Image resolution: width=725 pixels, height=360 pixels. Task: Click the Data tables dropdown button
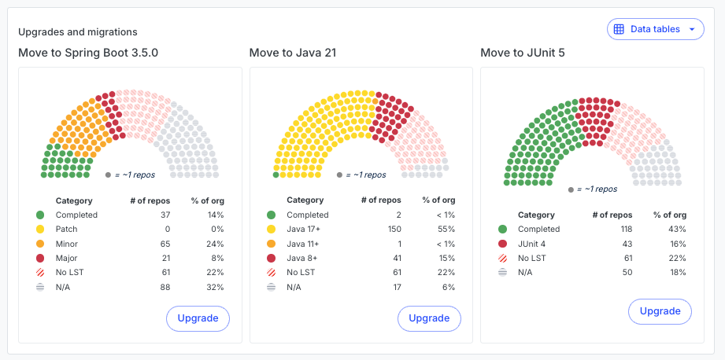click(x=655, y=29)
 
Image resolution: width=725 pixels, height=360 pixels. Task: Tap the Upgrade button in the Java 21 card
click(x=429, y=318)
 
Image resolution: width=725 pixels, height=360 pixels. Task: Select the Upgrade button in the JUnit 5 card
click(x=660, y=311)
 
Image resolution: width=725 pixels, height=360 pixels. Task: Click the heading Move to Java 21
click(x=293, y=53)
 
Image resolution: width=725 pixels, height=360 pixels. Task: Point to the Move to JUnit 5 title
click(x=523, y=53)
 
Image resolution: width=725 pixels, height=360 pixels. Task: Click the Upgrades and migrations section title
click(x=78, y=32)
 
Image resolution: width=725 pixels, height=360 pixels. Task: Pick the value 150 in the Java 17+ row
click(x=394, y=230)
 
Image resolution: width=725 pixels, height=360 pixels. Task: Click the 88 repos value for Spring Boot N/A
click(x=165, y=287)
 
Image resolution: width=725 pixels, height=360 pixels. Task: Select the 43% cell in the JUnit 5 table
click(x=678, y=230)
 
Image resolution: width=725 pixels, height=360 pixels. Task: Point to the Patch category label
click(x=67, y=230)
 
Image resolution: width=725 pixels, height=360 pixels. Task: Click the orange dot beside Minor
click(x=40, y=244)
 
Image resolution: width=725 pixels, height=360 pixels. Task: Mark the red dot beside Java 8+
click(x=271, y=258)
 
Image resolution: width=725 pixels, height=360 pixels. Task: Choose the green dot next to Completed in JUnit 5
click(x=502, y=230)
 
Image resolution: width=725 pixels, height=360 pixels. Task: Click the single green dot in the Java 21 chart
click(x=276, y=175)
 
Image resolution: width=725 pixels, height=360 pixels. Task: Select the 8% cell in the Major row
click(x=218, y=258)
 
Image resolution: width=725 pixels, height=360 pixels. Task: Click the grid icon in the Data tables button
click(x=619, y=29)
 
